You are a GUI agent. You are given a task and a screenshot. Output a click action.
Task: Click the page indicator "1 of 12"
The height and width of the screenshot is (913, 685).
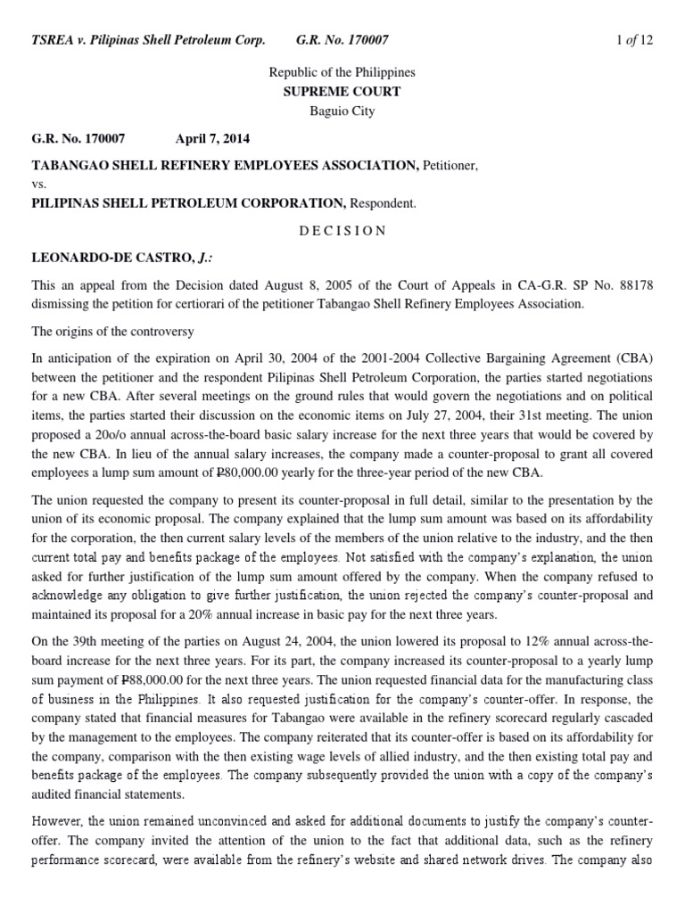pos(636,40)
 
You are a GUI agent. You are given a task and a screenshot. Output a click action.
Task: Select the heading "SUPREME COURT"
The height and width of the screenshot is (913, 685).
pos(342,92)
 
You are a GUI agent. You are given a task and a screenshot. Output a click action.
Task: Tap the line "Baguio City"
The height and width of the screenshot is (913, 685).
pos(342,111)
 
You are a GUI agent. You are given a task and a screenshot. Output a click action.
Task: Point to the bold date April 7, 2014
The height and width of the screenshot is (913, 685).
pos(212,139)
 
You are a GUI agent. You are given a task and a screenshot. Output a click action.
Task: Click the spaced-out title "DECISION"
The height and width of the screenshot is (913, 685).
pos(342,230)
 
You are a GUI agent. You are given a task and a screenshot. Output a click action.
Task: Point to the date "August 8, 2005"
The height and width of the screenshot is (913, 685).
pos(267,285)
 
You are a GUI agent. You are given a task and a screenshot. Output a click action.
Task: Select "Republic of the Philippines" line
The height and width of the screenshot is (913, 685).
pos(342,72)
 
